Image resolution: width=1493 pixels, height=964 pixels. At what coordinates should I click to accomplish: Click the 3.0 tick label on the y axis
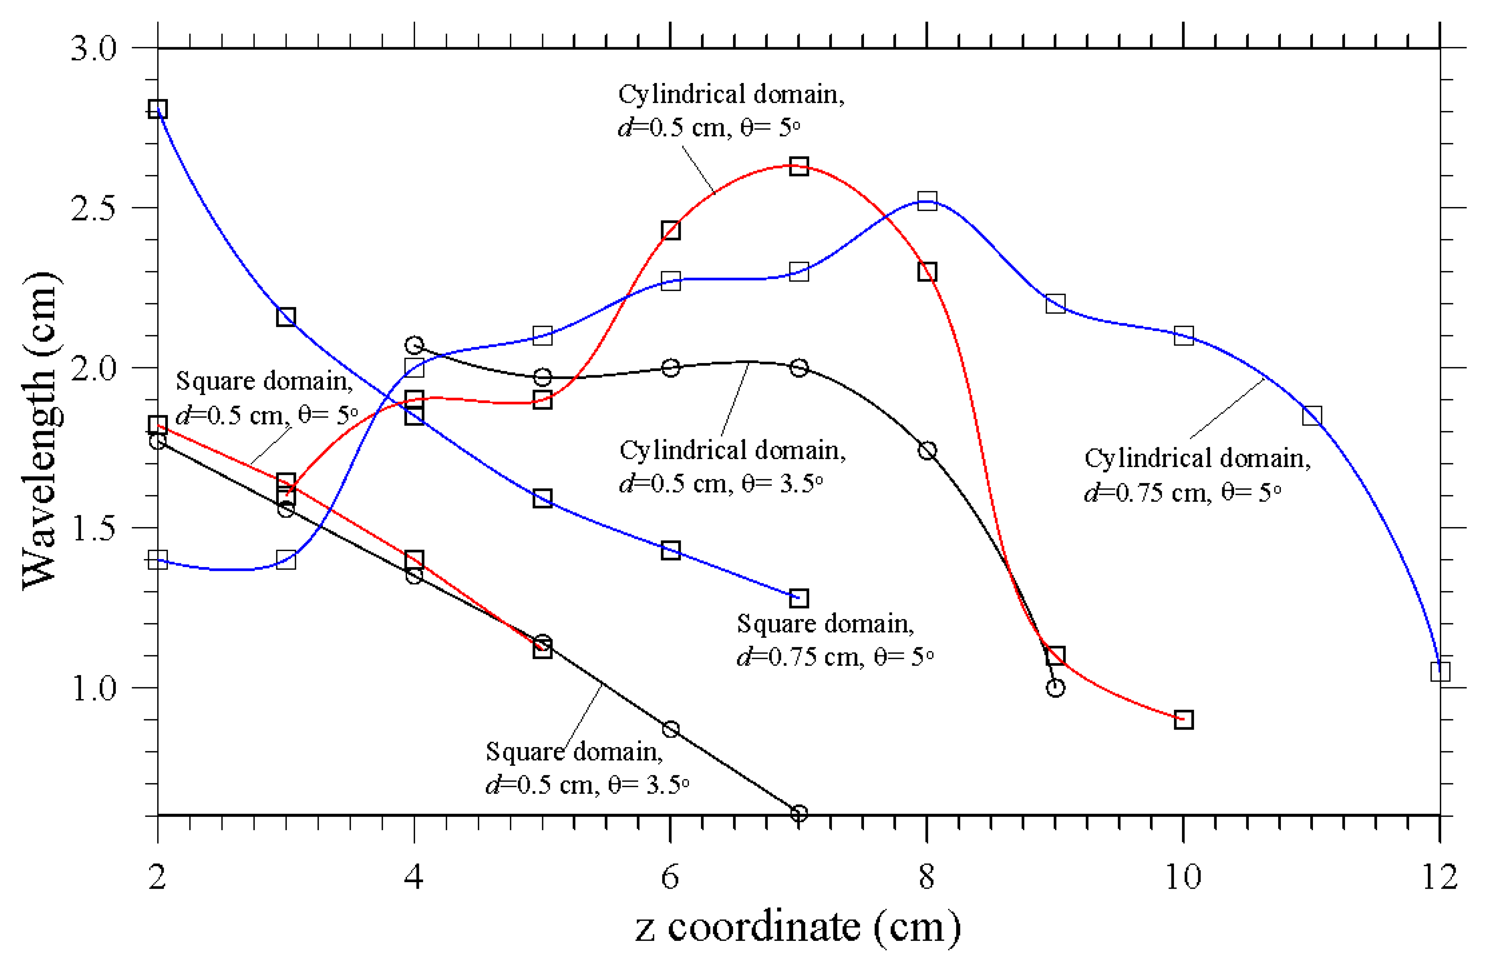(94, 49)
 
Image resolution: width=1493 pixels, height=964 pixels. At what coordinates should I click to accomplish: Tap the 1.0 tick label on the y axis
(94, 688)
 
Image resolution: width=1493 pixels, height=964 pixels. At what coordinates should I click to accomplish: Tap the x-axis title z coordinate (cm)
(797, 928)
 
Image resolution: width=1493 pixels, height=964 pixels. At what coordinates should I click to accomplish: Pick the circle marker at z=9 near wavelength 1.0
(1055, 687)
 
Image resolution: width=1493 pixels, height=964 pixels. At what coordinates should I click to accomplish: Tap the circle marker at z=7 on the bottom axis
(798, 813)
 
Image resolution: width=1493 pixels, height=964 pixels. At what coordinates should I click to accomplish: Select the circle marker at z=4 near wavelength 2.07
(414, 345)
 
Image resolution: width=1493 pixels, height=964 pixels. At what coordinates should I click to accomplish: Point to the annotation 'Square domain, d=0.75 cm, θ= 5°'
(835, 640)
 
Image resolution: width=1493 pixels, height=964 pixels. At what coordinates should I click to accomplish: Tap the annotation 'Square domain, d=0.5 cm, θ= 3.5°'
(587, 768)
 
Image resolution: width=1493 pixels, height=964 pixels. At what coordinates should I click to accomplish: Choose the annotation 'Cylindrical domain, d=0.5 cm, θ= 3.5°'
(733, 466)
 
